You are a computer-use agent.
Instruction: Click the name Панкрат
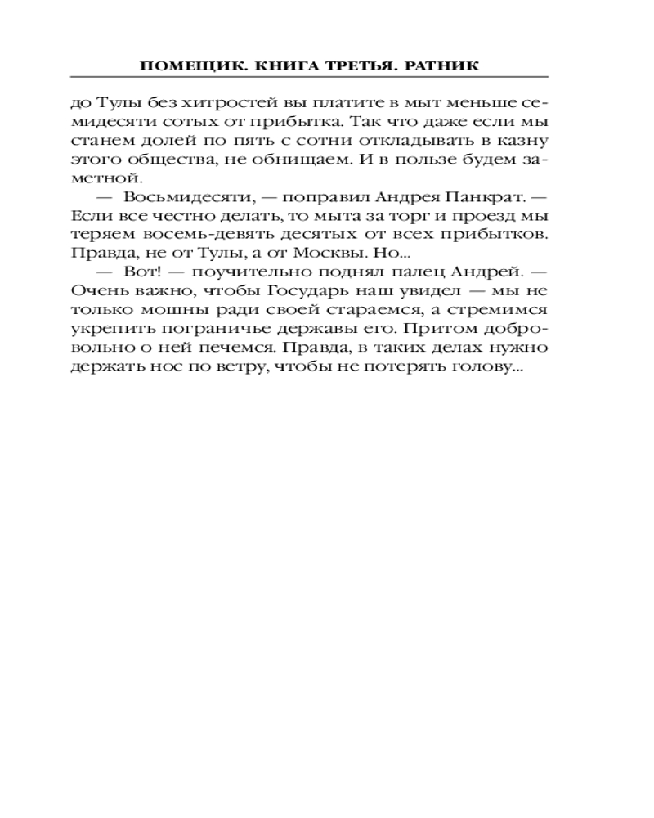pos(494,198)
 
